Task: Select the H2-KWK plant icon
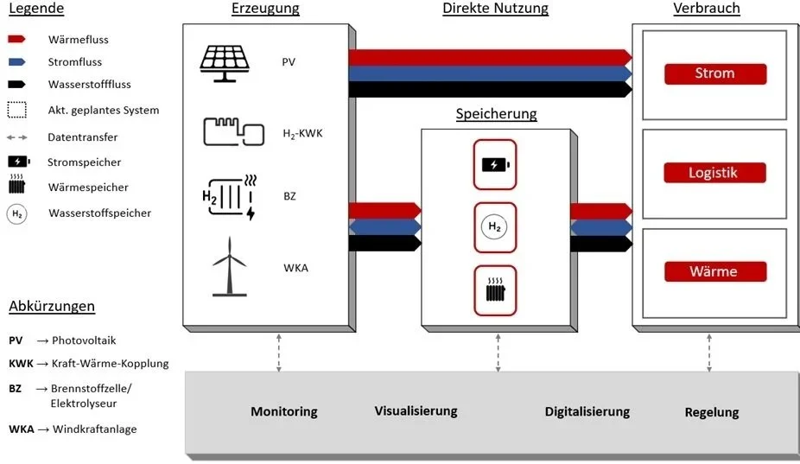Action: point(233,131)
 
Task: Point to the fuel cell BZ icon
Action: point(228,197)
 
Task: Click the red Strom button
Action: point(714,73)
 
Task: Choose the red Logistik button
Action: point(714,173)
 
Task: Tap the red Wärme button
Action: point(714,271)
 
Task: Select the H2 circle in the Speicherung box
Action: point(494,227)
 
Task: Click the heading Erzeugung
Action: point(265,9)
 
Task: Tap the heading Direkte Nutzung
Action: point(495,9)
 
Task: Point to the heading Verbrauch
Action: point(707,9)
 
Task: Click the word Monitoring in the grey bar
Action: point(284,412)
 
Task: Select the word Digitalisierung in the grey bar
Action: point(587,412)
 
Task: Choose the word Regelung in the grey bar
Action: point(711,412)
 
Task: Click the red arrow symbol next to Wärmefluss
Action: point(18,40)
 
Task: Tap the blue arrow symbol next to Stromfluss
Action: point(18,62)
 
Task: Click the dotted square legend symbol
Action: point(17,110)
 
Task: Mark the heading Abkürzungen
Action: point(52,307)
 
